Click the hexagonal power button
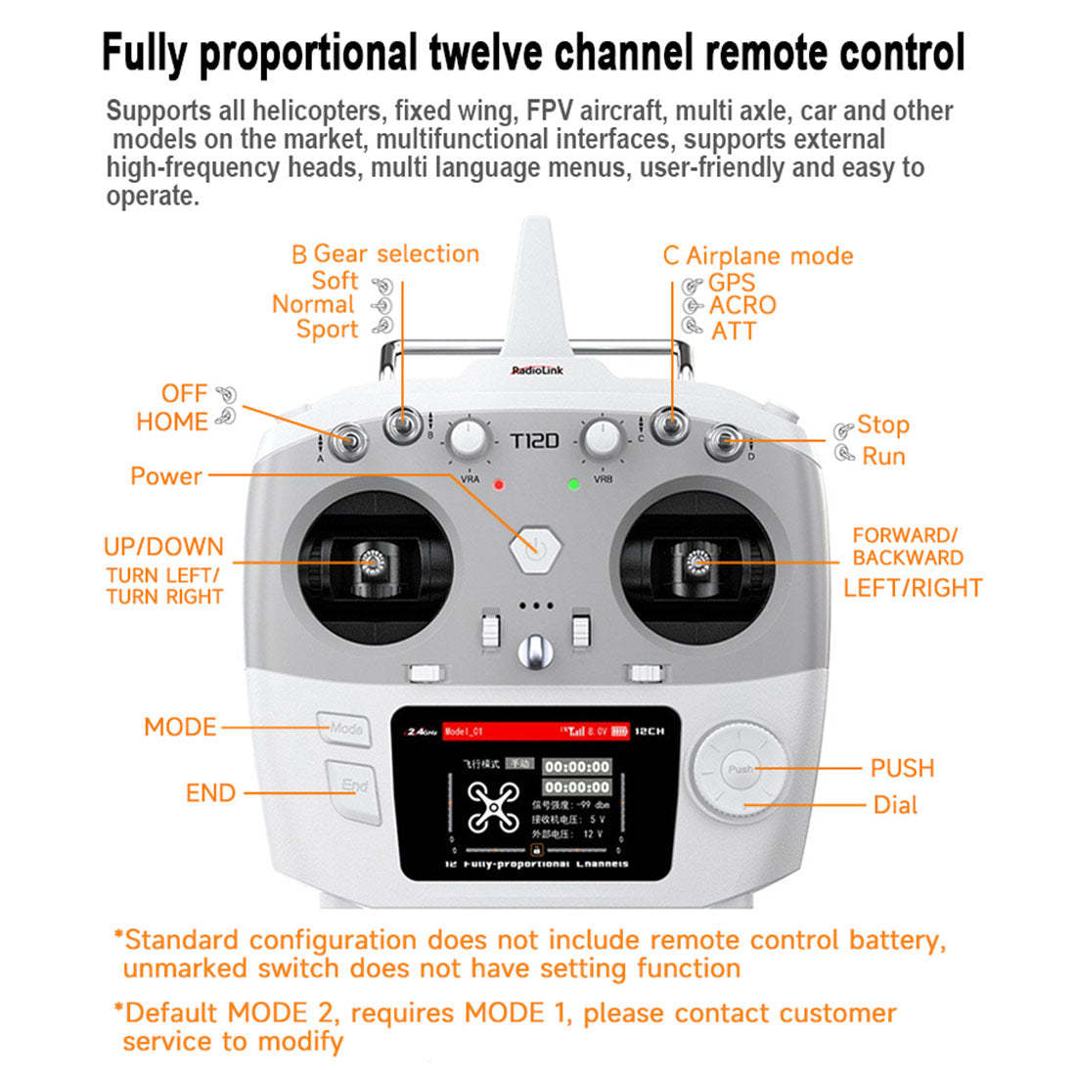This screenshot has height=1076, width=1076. pos(532,548)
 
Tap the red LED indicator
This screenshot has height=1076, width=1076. pos(499,484)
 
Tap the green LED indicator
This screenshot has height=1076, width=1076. pos(574,484)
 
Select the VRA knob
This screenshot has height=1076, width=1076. pos(470,440)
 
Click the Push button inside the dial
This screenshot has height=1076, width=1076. pos(740,769)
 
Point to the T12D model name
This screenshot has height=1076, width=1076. pos(535,441)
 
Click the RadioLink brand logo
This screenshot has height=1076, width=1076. pos(537,371)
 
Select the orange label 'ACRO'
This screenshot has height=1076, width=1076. pos(742,305)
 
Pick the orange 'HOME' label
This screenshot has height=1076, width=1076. pos(172,422)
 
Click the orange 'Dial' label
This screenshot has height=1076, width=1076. pos(895,805)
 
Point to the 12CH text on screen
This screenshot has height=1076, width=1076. pos(650,731)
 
